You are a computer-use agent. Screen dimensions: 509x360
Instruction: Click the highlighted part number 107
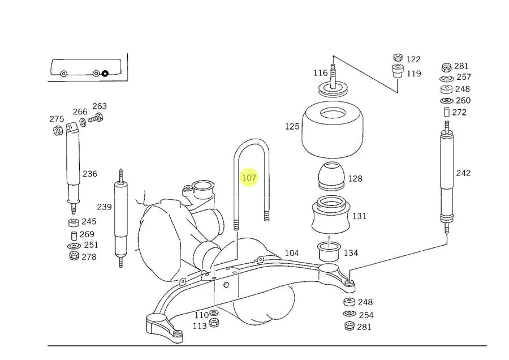click(x=249, y=178)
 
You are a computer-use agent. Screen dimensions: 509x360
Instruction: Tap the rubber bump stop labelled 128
click(x=332, y=177)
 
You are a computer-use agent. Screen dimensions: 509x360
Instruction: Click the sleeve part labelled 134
click(x=329, y=251)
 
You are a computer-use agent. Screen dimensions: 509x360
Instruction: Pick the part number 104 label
click(x=292, y=253)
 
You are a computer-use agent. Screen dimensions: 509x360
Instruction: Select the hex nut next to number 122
click(x=398, y=58)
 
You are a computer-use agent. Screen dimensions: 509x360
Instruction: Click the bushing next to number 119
click(x=398, y=71)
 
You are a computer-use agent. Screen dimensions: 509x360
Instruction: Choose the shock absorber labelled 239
click(x=121, y=218)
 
